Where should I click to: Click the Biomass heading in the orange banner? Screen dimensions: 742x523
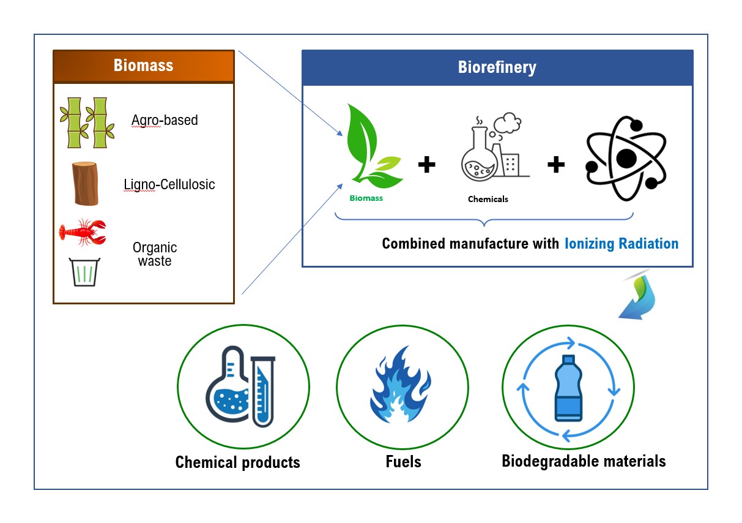pyautogui.click(x=143, y=66)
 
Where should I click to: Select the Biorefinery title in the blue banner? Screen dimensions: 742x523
pyautogui.click(x=497, y=67)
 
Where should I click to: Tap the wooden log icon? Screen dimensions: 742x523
pyautogui.click(x=85, y=184)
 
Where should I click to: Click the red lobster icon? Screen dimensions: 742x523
pyautogui.click(x=83, y=232)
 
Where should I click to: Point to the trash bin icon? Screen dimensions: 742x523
pyautogui.click(x=84, y=272)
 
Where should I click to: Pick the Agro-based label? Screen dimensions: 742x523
pyautogui.click(x=165, y=120)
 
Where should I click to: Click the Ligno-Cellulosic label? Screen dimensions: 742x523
pyautogui.click(x=169, y=184)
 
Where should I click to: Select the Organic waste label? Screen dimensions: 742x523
pyautogui.click(x=155, y=254)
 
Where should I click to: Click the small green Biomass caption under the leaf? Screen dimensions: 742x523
pyautogui.click(x=366, y=198)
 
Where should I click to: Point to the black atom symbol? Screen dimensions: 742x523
pyautogui.click(x=626, y=158)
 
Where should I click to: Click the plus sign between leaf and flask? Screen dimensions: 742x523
pyautogui.click(x=426, y=165)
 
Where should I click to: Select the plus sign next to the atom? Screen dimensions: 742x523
pyautogui.click(x=556, y=165)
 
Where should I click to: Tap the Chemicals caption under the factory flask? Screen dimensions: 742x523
pyautogui.click(x=488, y=199)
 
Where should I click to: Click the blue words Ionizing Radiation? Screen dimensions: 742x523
pyautogui.click(x=621, y=244)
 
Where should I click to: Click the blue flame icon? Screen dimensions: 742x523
pyautogui.click(x=401, y=385)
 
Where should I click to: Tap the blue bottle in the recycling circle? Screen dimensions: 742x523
pyautogui.click(x=568, y=388)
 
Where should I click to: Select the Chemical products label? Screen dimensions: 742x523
pyautogui.click(x=237, y=462)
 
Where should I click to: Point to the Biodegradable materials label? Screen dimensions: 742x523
pyautogui.click(x=584, y=461)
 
